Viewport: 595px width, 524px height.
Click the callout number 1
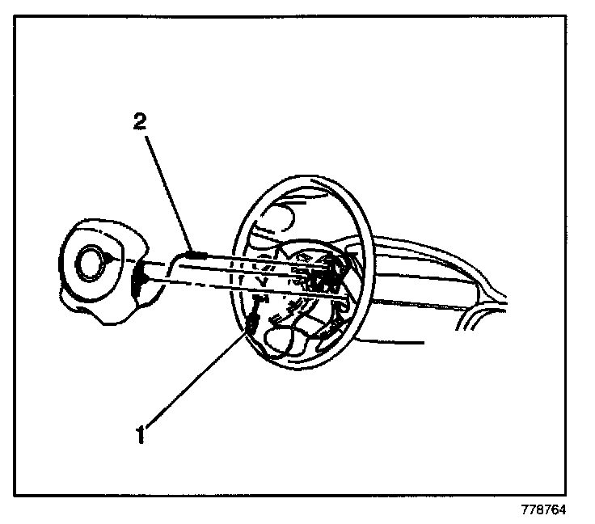pyautogui.click(x=141, y=434)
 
